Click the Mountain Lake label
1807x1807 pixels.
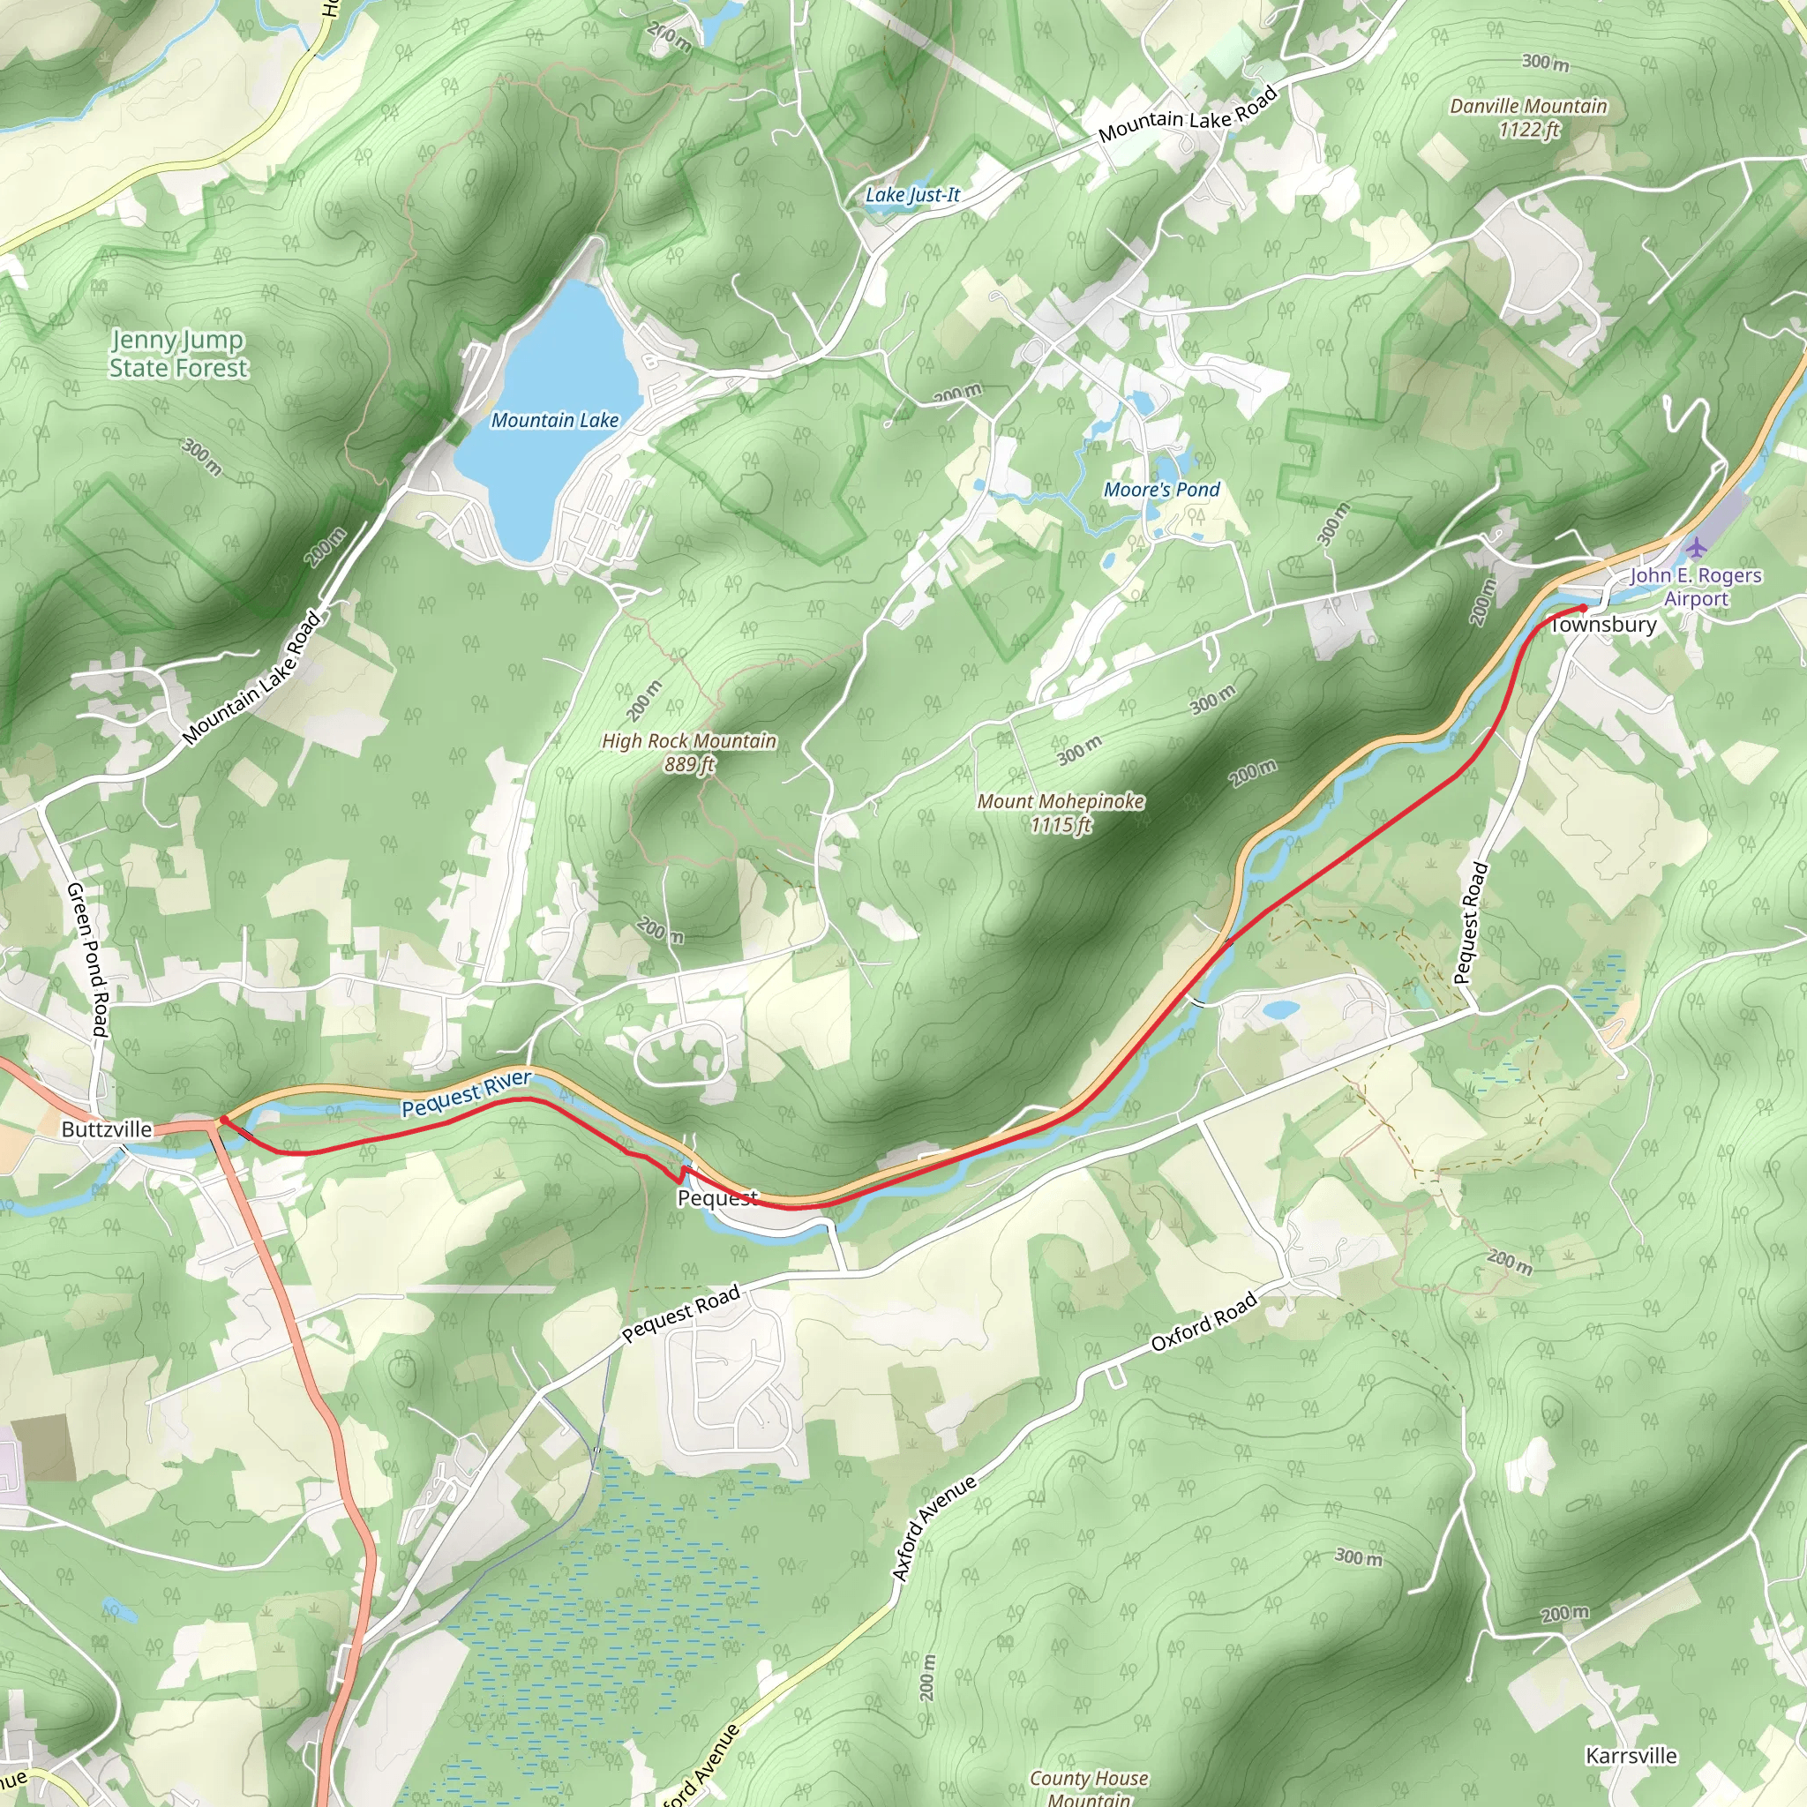(555, 421)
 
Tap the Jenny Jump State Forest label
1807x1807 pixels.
(177, 355)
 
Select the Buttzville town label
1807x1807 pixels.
(107, 1130)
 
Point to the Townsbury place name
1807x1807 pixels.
(1603, 625)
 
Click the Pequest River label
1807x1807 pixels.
(466, 1093)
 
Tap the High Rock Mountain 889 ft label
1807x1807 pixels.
(689, 753)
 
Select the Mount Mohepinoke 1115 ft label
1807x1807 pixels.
(1061, 813)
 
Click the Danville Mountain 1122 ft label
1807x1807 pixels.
(1528, 118)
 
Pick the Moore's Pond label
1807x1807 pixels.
(1162, 489)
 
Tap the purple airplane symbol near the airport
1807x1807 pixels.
(1697, 546)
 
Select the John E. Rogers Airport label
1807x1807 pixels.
(1696, 588)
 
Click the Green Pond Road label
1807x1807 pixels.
(89, 960)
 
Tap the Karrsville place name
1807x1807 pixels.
(1631, 1757)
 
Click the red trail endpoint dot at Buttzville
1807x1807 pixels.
(223, 1120)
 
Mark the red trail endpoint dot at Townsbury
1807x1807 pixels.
(1583, 609)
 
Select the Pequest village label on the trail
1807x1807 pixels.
(716, 1199)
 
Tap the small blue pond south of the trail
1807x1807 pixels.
(1279, 1010)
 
